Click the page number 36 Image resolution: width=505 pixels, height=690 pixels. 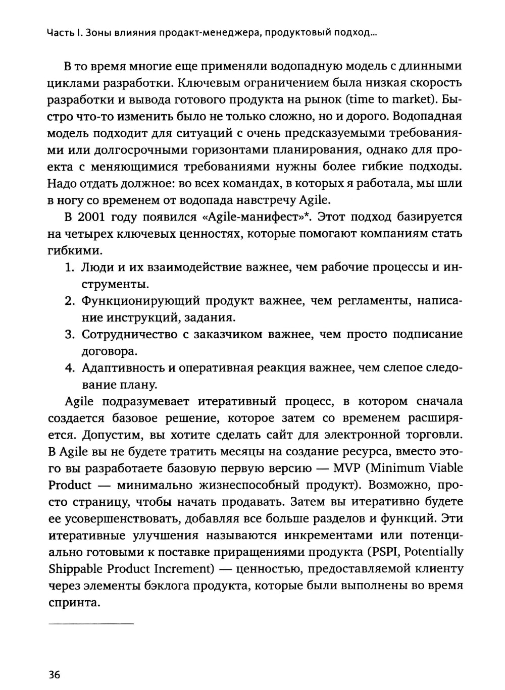pyautogui.click(x=55, y=674)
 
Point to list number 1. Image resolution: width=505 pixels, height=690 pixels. pyautogui.click(x=70, y=268)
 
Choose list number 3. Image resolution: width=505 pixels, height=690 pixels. pyautogui.click(x=70, y=334)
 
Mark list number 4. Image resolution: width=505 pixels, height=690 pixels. pyautogui.click(x=70, y=368)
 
